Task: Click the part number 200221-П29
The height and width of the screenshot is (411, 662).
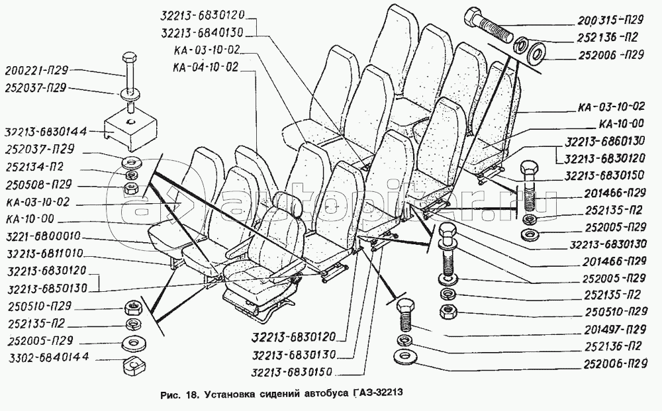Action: coord(36,70)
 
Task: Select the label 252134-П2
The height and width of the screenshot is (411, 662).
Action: coord(34,167)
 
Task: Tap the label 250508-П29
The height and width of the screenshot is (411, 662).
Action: coord(39,185)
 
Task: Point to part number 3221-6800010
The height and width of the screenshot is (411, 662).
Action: coord(44,236)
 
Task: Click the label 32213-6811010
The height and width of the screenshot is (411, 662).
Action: coord(45,254)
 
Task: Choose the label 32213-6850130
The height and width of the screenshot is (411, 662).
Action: coord(47,289)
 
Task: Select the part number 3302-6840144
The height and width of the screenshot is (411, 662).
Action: coord(48,357)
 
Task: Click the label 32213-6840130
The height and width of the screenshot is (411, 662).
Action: coord(203,33)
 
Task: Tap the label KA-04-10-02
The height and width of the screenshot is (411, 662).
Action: coord(206,68)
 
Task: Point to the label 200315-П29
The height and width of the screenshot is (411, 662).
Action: coord(610,20)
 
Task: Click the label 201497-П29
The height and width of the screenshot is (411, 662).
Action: coord(615,329)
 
